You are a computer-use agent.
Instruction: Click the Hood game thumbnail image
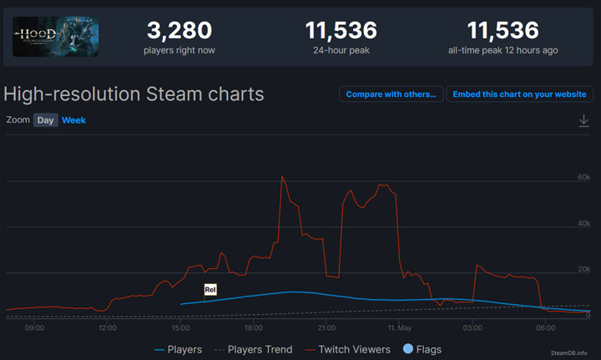point(56,38)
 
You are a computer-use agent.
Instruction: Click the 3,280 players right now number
point(179,31)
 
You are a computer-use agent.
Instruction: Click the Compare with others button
point(391,94)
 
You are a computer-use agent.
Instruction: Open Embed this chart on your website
point(519,94)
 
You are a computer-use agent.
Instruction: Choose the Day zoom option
point(45,120)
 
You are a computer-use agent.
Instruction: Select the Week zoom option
point(73,120)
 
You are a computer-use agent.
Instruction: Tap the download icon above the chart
point(583,121)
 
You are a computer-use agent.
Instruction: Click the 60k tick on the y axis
point(583,178)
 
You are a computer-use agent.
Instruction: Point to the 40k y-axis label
point(583,224)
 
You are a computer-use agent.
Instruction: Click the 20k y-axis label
point(583,270)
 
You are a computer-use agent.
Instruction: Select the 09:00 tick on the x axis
point(34,328)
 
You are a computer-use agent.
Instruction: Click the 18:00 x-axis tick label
point(254,328)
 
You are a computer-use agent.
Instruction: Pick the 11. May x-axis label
point(399,328)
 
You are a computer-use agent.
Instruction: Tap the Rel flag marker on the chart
point(210,290)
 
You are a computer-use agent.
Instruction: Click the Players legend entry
point(179,349)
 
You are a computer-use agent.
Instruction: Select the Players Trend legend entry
point(253,349)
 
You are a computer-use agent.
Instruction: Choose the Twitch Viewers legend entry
point(347,349)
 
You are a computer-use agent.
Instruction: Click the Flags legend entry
point(422,349)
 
